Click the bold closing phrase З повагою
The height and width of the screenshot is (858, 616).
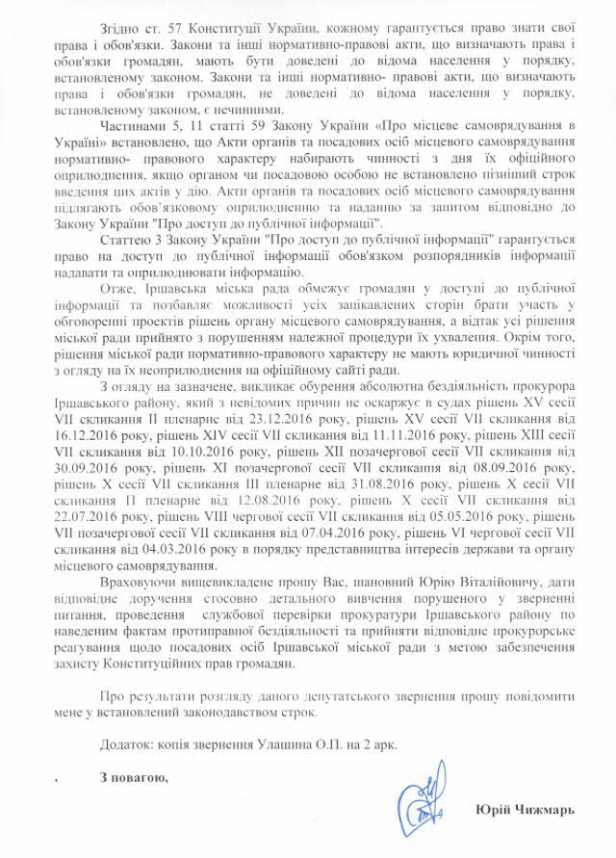point(133,778)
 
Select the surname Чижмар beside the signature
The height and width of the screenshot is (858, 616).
point(552,811)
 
